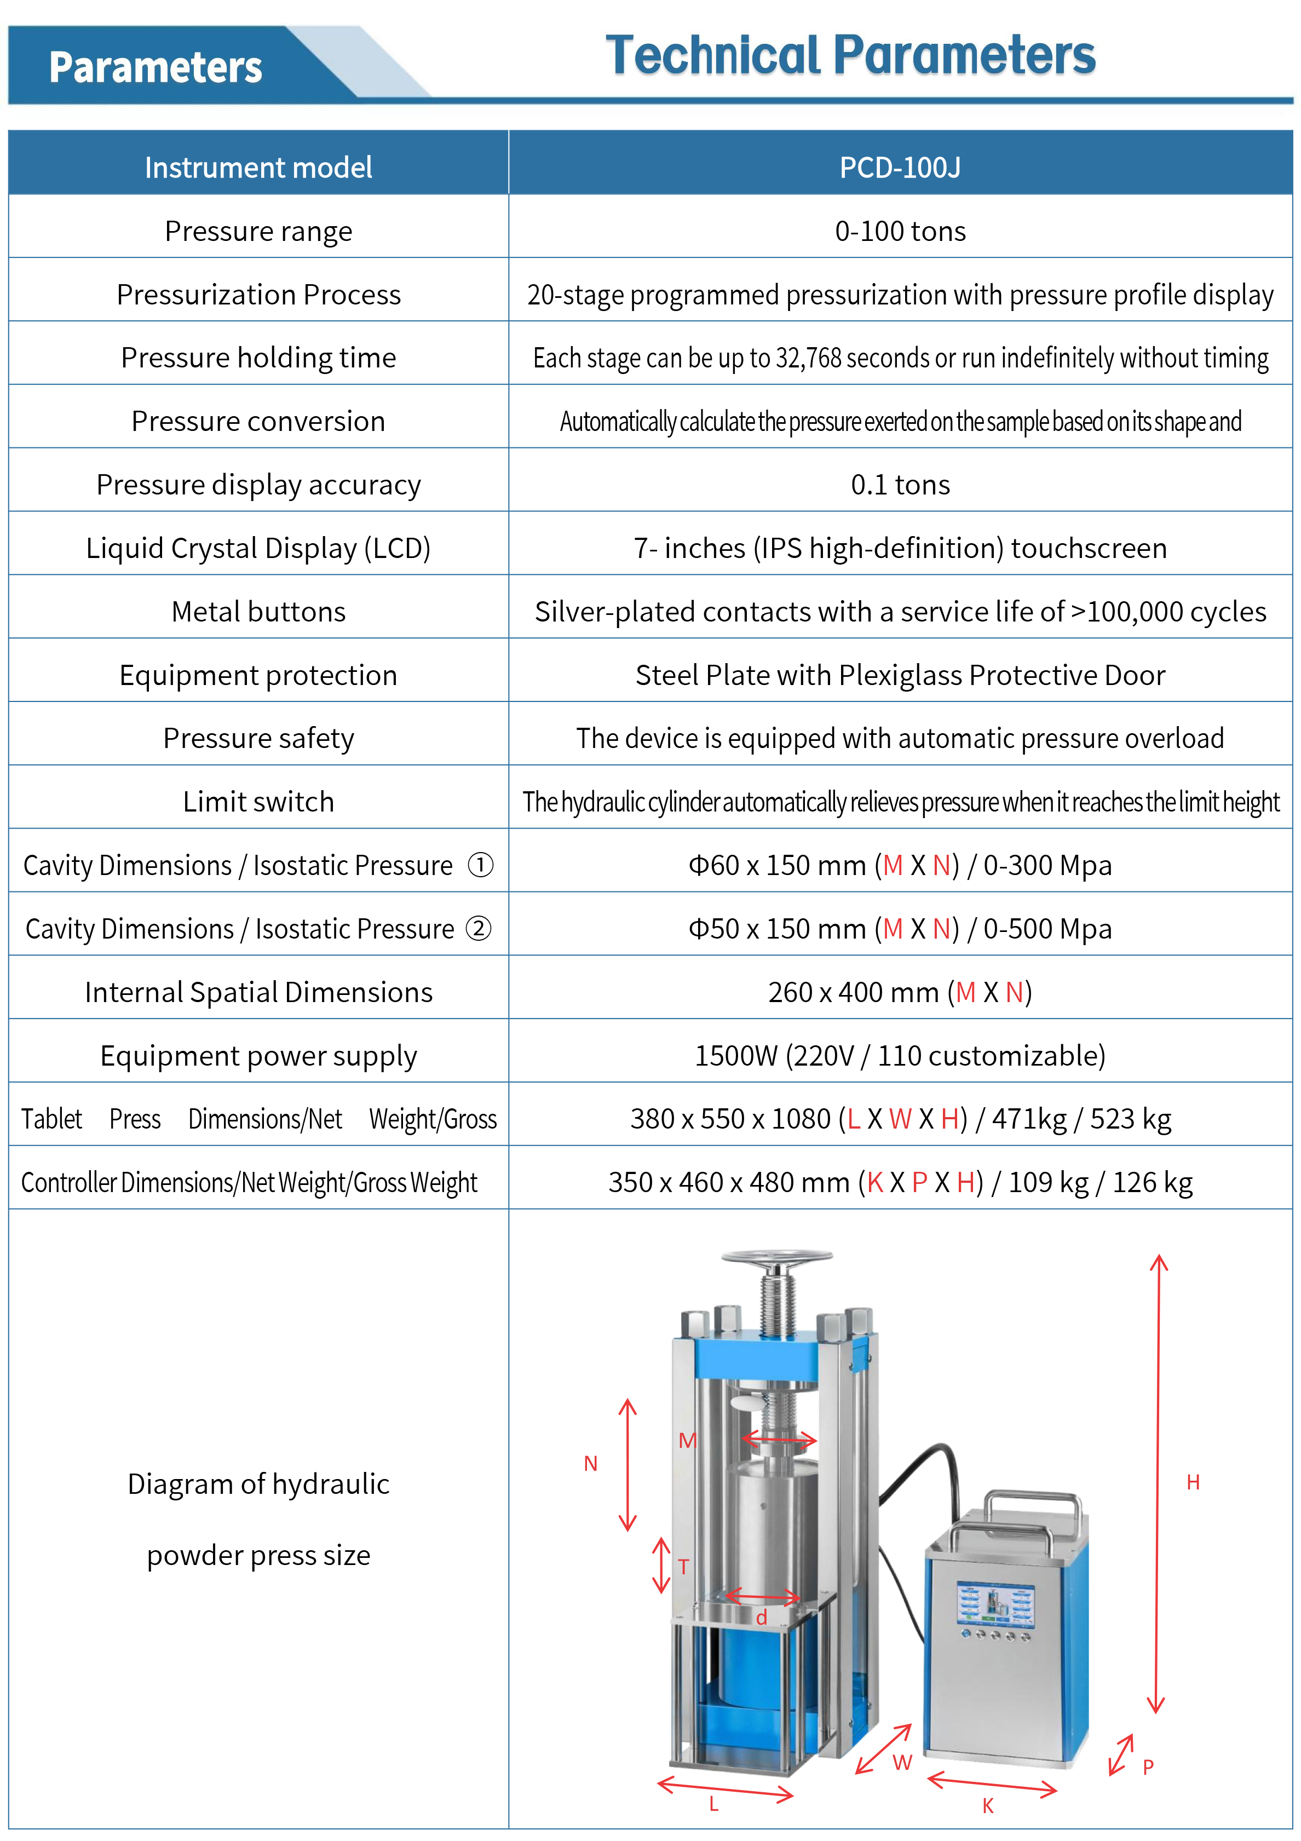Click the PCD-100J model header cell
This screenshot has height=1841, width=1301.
(x=900, y=168)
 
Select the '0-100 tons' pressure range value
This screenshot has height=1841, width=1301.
(x=900, y=231)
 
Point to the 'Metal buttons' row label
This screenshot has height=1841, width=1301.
(x=258, y=612)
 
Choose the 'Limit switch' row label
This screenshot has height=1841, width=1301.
(x=258, y=802)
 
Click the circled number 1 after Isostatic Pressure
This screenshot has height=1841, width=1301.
(x=480, y=865)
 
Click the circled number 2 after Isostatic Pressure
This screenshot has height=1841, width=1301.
(x=479, y=929)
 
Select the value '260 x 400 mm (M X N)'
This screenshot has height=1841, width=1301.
(x=900, y=993)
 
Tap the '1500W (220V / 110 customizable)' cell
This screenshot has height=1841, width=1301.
(x=900, y=1056)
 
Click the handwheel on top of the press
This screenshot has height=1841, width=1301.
(x=776, y=1259)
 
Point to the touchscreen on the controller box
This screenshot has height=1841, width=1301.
(x=995, y=1604)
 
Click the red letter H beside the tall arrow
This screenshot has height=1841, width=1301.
(x=1193, y=1482)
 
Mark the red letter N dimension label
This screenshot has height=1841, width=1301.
(x=591, y=1463)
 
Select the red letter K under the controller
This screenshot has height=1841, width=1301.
(x=988, y=1806)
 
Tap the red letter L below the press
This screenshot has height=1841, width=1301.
(x=713, y=1804)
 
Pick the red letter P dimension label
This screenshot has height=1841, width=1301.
(x=1148, y=1767)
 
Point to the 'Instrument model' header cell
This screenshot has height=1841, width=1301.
(x=258, y=168)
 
